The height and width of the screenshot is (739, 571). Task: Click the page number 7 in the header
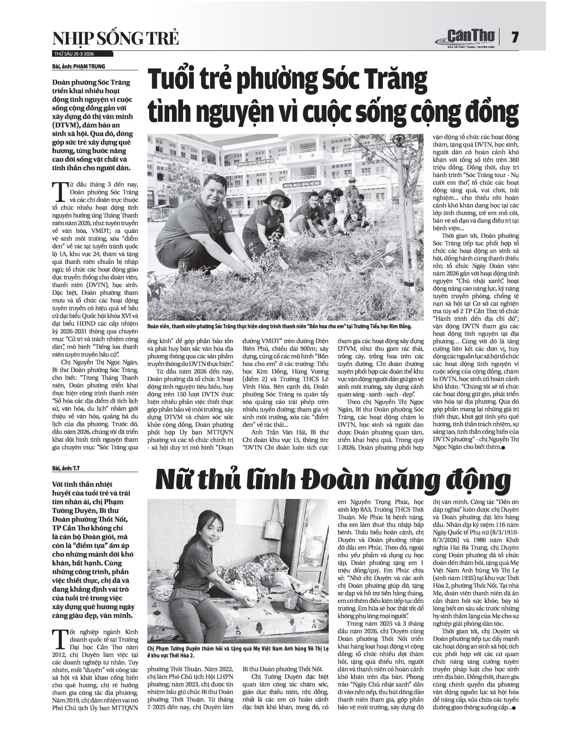point(515,37)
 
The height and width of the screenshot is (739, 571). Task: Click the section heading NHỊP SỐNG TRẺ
point(116,39)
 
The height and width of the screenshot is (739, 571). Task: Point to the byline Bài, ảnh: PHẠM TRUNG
point(78,67)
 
